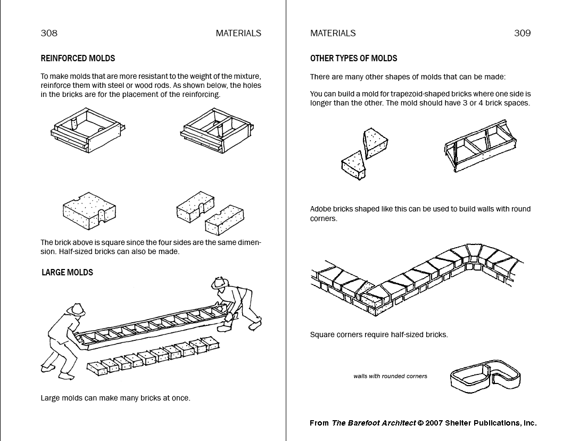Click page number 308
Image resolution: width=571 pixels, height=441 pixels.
(49, 33)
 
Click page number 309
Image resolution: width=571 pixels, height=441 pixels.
(522, 33)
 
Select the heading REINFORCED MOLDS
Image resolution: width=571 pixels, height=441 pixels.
(78, 58)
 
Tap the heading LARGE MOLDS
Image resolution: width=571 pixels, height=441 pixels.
(67, 272)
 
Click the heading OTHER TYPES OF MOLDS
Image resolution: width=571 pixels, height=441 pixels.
(353, 58)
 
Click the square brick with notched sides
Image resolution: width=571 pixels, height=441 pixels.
(89, 211)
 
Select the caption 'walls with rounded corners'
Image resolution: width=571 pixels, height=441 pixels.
(390, 376)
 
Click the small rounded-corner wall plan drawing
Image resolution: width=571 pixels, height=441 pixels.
(485, 376)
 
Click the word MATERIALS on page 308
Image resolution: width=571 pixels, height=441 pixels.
(238, 33)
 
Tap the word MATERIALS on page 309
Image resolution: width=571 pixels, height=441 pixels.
(333, 33)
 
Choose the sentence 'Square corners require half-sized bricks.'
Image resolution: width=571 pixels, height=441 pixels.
(379, 335)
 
